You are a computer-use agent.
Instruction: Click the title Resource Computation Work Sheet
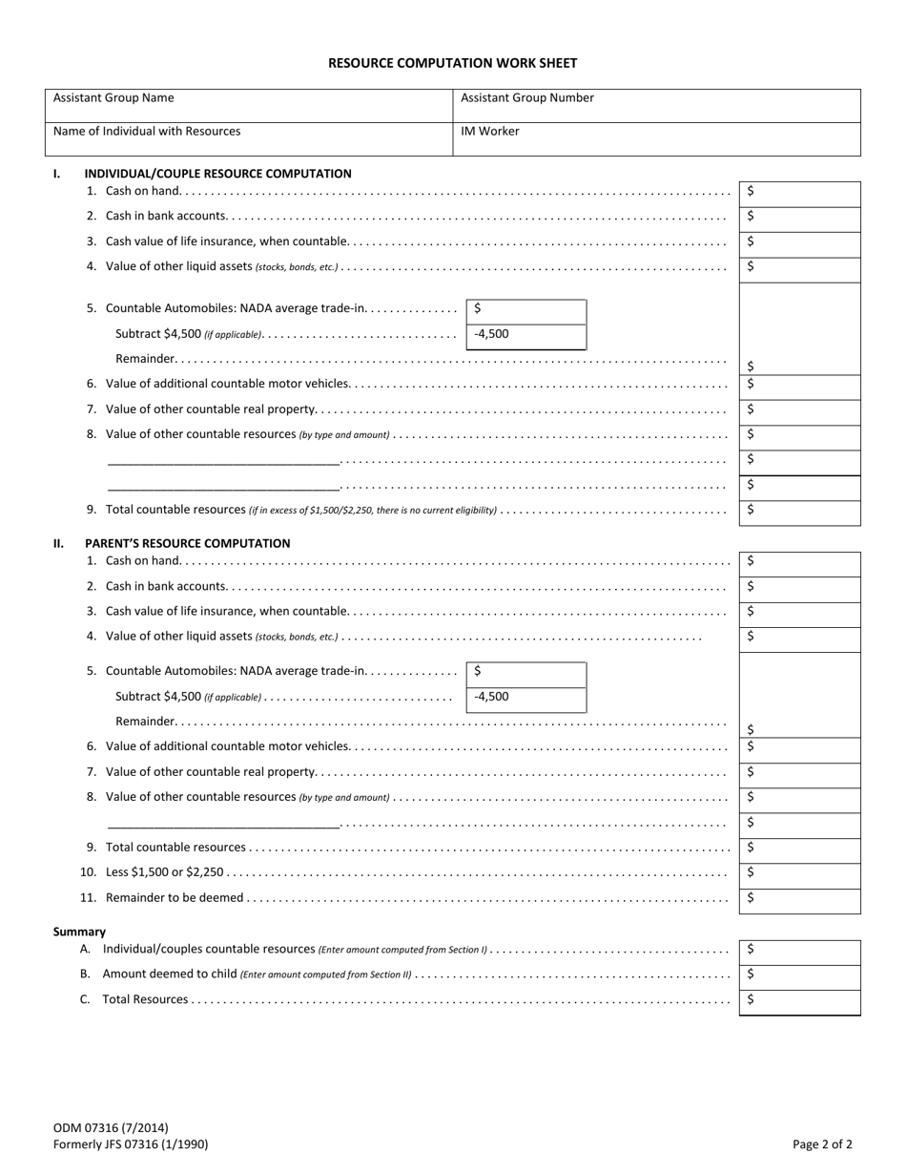(452, 63)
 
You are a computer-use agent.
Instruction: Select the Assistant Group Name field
(248, 106)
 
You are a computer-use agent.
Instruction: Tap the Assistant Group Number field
(656, 106)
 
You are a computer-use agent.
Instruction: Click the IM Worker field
(656, 139)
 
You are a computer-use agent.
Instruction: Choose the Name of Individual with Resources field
(248, 139)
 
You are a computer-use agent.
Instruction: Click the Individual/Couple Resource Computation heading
(217, 174)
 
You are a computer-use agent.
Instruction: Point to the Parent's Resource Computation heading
(187, 543)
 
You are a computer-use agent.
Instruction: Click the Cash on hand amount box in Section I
(799, 194)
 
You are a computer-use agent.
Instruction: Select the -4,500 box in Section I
(525, 336)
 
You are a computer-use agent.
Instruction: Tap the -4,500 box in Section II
(525, 699)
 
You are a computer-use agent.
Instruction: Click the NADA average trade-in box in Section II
(525, 674)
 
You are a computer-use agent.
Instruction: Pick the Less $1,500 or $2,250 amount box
(799, 874)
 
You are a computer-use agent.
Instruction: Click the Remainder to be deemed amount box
(799, 900)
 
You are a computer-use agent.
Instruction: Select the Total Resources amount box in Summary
(799, 1002)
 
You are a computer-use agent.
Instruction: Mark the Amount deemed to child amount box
(799, 976)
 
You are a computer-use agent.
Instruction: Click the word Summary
(79, 932)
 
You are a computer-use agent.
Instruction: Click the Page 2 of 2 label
(822, 1144)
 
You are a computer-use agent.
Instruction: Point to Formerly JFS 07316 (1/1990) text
(131, 1144)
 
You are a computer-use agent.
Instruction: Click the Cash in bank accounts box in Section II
(799, 588)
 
